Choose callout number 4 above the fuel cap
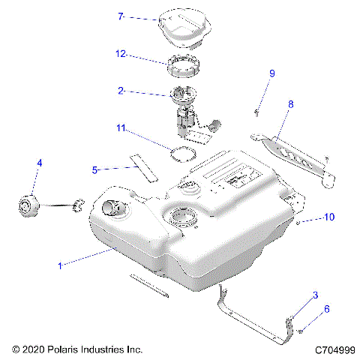tap(40, 162)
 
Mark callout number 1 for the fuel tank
tap(60, 265)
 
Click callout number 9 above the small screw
tap(272, 73)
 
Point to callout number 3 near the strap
tap(316, 295)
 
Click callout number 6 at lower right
tap(326, 308)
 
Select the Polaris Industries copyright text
tap(77, 349)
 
